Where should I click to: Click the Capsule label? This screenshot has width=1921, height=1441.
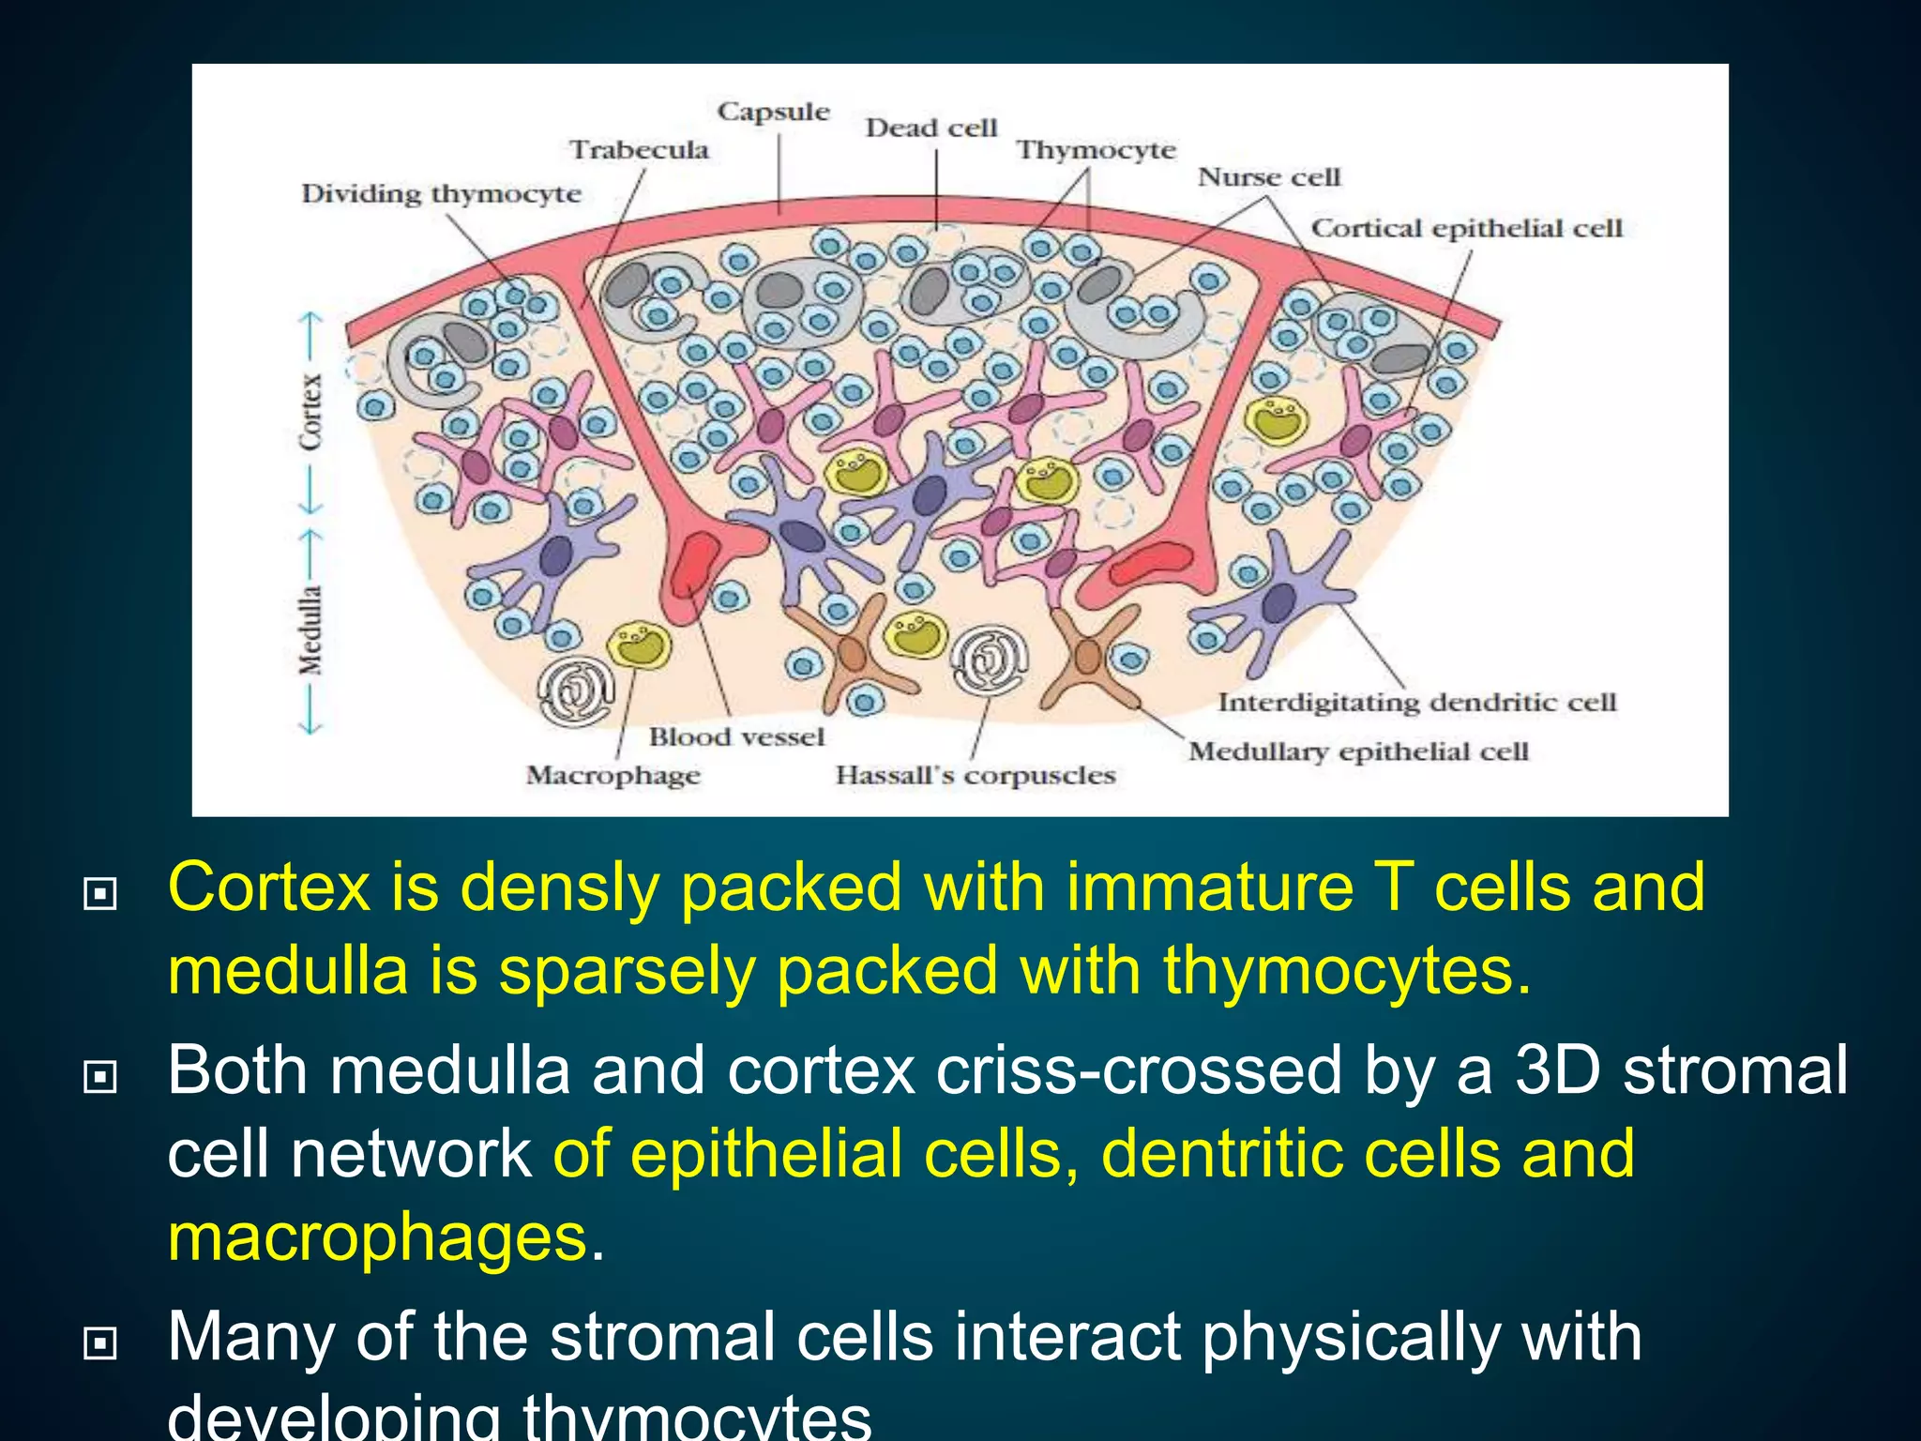(774, 112)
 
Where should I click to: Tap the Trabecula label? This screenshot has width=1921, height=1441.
(640, 150)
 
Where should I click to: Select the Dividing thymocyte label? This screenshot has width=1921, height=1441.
(441, 194)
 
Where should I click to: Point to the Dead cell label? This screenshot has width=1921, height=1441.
(930, 128)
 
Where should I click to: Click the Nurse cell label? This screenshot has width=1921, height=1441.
(1269, 177)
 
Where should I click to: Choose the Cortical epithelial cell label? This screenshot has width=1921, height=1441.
(1466, 228)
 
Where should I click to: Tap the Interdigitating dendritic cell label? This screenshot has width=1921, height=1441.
(1417, 703)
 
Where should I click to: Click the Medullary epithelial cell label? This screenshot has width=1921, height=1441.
(1358, 751)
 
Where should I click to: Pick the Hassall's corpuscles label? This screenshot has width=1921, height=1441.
(976, 776)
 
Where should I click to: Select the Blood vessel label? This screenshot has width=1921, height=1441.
(737, 737)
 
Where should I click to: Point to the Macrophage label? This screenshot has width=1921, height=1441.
(613, 776)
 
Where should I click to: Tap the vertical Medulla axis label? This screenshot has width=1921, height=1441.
(311, 629)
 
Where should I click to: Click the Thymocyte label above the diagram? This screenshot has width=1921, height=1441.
(1096, 150)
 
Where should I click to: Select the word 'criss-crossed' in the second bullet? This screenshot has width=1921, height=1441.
(1035, 1070)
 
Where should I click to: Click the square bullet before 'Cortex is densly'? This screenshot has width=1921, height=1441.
(99, 893)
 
